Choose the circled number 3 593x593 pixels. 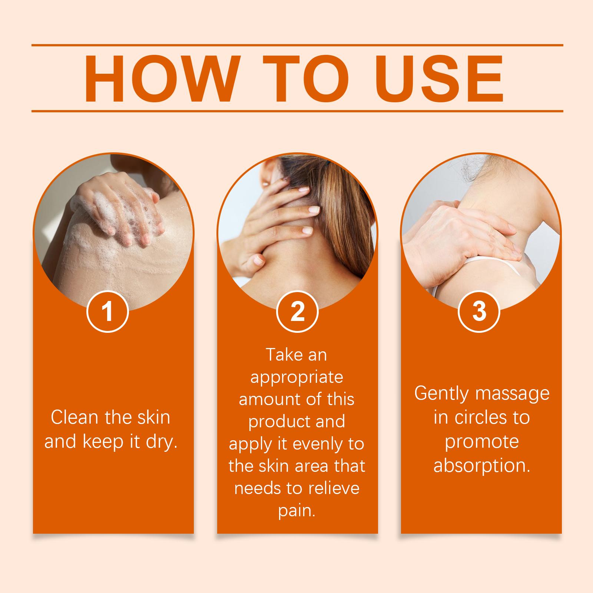point(479,311)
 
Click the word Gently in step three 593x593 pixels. point(441,394)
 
